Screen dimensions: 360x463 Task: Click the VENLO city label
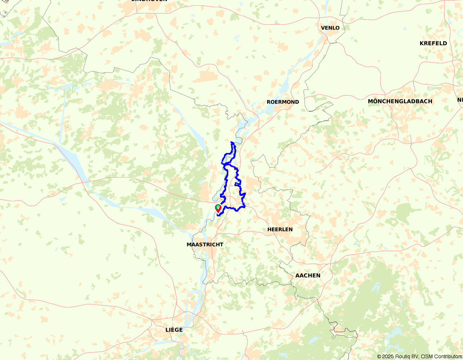click(330, 28)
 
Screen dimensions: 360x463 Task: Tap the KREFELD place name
click(433, 43)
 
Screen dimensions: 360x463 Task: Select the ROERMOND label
click(283, 102)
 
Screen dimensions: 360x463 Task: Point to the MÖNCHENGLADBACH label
click(400, 101)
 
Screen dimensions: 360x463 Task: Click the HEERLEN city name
click(280, 229)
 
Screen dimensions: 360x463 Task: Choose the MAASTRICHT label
click(205, 244)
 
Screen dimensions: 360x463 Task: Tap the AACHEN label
click(307, 275)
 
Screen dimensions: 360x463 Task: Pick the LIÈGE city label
click(174, 330)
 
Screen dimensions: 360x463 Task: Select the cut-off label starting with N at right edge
click(460, 100)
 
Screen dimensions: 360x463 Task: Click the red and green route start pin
click(218, 208)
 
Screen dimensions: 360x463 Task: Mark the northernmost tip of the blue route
click(231, 142)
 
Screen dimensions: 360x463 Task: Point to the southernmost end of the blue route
click(218, 216)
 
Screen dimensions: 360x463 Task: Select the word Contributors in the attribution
click(448, 356)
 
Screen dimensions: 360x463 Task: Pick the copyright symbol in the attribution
click(379, 356)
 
